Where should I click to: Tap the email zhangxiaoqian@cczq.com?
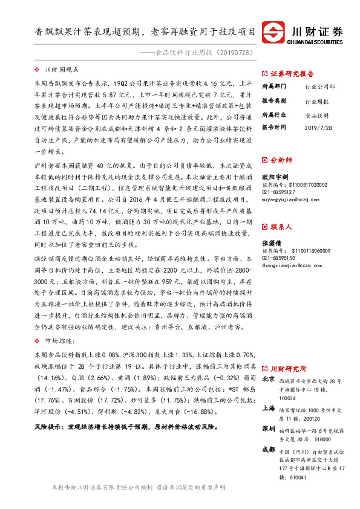tap(292, 264)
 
